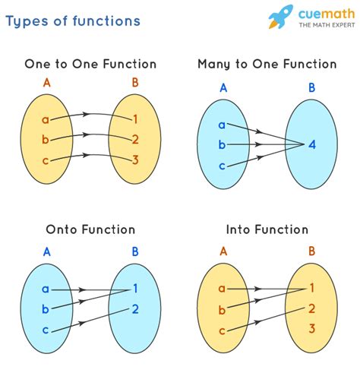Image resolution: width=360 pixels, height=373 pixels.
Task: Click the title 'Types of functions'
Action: point(73,21)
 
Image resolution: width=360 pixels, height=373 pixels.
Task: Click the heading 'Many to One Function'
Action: point(267,65)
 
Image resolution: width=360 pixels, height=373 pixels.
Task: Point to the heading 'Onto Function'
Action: point(90,229)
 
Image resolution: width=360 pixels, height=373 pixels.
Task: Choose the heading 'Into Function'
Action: point(267,229)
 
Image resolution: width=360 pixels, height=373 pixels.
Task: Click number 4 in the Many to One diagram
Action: point(312,144)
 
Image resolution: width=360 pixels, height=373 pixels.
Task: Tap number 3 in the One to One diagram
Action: point(135,160)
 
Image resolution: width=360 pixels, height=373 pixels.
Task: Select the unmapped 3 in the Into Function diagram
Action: point(312,329)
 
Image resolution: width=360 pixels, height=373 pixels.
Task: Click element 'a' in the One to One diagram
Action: point(46,119)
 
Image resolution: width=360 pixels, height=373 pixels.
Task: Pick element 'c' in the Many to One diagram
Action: point(221,166)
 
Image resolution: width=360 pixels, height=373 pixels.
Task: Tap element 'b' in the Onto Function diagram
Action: point(46,309)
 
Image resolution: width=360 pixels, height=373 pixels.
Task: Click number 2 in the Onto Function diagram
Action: point(135,308)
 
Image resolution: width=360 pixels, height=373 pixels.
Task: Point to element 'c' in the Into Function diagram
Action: point(221,330)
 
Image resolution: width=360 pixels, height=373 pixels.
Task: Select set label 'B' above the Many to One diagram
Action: point(312,88)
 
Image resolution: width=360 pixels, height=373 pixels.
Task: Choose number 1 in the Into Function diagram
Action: point(312,288)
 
